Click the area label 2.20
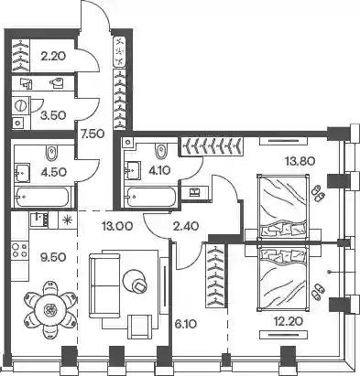click(x=53, y=56)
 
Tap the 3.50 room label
click(x=53, y=115)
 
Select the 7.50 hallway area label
click(x=93, y=134)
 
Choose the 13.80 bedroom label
click(x=300, y=160)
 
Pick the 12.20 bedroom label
click(x=289, y=321)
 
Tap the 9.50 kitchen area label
click(x=53, y=257)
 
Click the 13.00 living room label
click(x=117, y=226)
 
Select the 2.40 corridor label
click(x=187, y=226)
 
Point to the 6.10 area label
click(x=186, y=324)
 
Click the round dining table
click(x=49, y=310)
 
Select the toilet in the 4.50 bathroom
click(x=51, y=153)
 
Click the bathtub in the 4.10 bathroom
click(x=151, y=197)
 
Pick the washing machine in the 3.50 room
click(x=20, y=105)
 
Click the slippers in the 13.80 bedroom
click(x=318, y=193)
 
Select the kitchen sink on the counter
click(x=39, y=220)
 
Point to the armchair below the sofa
click(x=140, y=327)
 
